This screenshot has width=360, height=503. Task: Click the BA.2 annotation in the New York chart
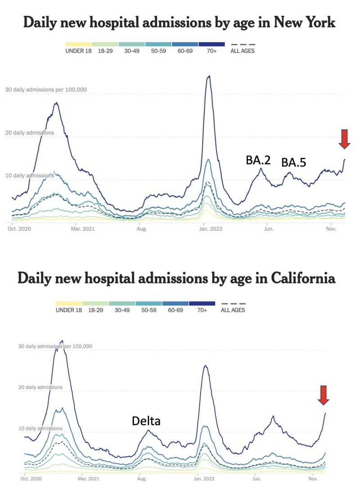258,160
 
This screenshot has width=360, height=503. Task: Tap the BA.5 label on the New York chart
293,162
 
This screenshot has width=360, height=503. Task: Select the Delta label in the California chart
146,421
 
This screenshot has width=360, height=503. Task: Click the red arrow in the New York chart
344,139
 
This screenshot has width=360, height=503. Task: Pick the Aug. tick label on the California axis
142,479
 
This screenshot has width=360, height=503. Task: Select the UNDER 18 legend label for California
68,310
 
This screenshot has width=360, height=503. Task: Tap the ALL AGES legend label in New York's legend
243,51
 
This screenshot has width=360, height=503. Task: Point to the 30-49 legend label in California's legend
121,310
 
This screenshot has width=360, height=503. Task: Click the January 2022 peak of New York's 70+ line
208,76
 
